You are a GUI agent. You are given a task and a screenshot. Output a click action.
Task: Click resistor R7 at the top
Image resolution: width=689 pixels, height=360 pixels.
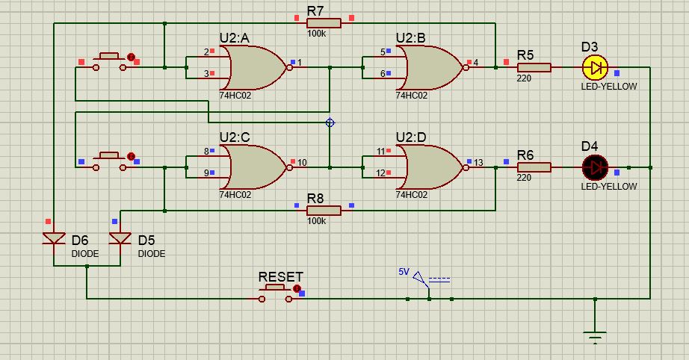coord(323,23)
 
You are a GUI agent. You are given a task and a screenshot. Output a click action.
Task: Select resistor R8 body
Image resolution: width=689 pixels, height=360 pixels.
coord(323,211)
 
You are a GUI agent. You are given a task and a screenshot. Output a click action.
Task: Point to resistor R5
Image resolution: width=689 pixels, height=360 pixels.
coord(534,67)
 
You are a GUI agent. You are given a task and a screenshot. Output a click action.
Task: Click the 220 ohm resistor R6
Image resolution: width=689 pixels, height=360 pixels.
coord(534,167)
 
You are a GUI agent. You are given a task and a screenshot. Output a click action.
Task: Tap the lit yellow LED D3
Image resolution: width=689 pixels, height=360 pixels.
coord(596,67)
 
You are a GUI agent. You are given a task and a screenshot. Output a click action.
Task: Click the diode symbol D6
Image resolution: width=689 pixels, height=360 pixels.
coord(55,238)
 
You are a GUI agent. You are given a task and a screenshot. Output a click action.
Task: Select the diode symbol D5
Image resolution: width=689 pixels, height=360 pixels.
coord(120,238)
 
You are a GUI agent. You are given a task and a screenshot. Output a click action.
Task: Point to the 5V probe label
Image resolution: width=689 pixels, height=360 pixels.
coord(404,272)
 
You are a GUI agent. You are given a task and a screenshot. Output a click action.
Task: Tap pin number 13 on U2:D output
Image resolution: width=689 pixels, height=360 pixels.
coord(478,162)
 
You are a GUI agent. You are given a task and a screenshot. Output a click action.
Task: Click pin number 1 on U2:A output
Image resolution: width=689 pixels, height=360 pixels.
coord(300,63)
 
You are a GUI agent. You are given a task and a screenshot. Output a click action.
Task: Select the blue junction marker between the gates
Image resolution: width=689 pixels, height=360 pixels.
coord(330,122)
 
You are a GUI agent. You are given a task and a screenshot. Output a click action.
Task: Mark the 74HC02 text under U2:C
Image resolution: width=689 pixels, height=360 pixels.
coord(235,194)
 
